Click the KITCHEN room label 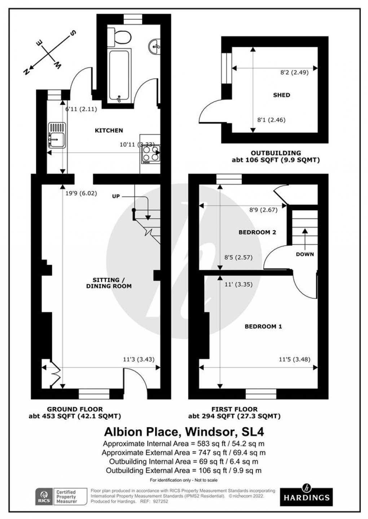coord(109,130)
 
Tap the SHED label coord(281,95)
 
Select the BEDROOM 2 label coord(257,232)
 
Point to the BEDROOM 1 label coord(263,326)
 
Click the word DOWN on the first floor coord(305,254)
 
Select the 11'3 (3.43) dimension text coord(139,359)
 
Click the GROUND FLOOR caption coord(75,409)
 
